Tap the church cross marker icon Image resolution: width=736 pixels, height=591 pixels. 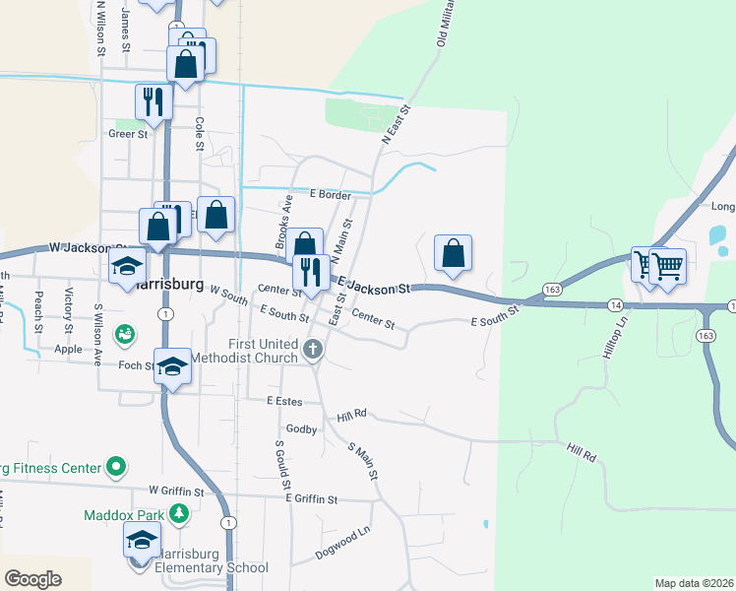click(x=313, y=349)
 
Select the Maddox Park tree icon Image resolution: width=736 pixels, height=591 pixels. click(x=178, y=513)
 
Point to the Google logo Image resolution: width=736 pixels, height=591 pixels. click(x=32, y=579)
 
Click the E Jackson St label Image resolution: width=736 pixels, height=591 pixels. click(x=374, y=287)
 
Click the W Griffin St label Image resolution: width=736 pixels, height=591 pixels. click(x=176, y=491)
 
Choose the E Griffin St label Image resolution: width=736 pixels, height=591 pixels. click(x=311, y=499)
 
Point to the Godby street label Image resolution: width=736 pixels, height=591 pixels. click(x=301, y=429)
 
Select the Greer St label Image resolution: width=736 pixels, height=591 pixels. click(x=127, y=134)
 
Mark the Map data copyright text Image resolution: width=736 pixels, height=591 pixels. click(x=694, y=583)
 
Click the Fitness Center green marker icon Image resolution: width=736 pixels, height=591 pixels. click(x=116, y=465)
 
